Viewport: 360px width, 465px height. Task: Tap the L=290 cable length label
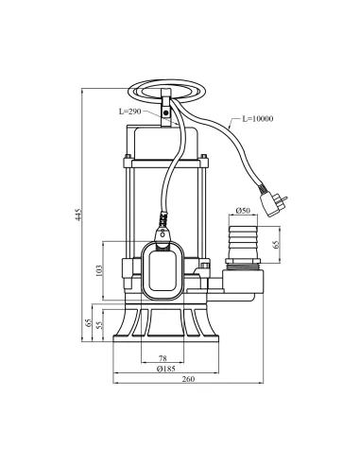132,112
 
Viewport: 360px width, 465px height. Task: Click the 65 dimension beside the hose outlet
275,244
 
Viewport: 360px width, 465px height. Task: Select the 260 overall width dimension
187,380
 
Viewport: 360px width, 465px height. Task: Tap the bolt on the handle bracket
166,112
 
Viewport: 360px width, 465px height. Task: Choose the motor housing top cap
166,141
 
